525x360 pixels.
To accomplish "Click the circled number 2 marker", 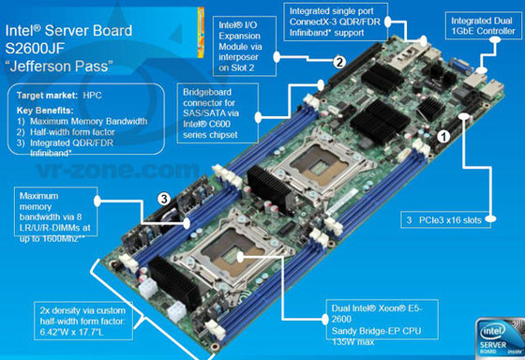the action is point(339,62).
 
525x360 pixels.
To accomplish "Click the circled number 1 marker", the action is point(443,137).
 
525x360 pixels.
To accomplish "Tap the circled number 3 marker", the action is point(164,199).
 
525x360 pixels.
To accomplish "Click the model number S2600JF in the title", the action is point(35,48).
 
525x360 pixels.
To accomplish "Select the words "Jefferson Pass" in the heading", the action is point(59,66).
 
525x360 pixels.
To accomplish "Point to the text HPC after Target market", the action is point(92,96).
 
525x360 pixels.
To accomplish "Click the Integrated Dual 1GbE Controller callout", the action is point(483,26).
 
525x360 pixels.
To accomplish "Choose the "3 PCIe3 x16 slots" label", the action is point(445,220).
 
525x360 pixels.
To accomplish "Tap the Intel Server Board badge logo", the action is point(500,338).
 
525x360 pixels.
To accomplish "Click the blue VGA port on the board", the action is point(460,66).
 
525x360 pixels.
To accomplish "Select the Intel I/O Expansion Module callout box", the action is point(245,46).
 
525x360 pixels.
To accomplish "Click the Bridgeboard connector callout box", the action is point(217,113).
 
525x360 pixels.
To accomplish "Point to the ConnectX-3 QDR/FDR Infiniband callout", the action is point(336,22).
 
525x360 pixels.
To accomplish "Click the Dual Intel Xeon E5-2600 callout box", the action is point(382,320).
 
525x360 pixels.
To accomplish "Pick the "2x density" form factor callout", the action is point(83,321).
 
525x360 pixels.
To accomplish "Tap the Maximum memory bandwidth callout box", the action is point(55,212).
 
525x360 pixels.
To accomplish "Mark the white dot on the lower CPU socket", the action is point(240,257).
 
